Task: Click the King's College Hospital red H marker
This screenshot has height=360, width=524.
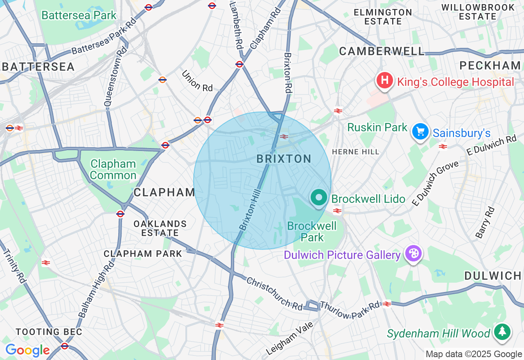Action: (385, 80)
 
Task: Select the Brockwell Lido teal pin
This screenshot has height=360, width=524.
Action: (318, 198)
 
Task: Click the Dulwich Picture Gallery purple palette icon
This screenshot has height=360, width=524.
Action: (413, 254)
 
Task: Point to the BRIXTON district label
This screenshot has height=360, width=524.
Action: (284, 159)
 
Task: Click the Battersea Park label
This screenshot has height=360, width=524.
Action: (79, 16)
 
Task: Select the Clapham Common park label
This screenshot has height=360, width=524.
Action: (113, 170)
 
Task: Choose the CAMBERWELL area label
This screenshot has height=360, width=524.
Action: (382, 51)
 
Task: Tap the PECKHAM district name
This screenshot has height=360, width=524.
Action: (490, 65)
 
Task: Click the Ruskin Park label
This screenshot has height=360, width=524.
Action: (377, 128)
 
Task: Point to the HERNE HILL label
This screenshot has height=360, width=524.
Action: (355, 152)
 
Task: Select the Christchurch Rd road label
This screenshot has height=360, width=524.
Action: (274, 293)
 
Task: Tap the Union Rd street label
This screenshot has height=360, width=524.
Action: (197, 81)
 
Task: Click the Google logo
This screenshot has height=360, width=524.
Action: (27, 350)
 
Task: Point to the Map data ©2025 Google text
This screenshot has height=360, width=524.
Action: (474, 354)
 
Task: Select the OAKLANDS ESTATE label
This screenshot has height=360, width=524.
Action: (160, 228)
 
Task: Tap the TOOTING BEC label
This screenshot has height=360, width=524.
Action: (49, 332)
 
